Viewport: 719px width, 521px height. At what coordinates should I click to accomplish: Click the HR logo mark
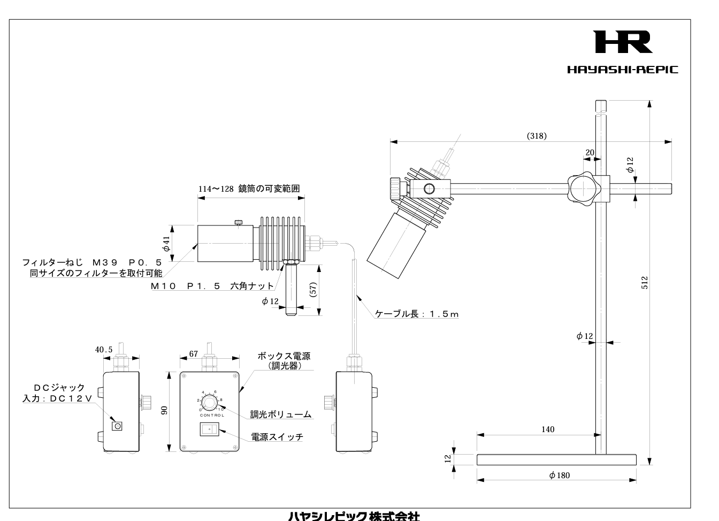(x=623, y=42)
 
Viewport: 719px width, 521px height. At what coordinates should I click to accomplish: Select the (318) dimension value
(x=537, y=136)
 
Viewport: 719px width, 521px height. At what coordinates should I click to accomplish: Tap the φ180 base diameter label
(x=560, y=475)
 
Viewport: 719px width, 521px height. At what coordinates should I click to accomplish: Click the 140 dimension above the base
(x=548, y=429)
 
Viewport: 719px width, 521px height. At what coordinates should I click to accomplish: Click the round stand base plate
(x=556, y=459)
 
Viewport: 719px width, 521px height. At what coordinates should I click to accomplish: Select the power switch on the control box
(x=209, y=429)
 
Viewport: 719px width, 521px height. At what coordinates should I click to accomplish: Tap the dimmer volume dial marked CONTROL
(x=210, y=402)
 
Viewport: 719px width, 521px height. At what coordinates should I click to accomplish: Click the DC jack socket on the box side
(x=117, y=426)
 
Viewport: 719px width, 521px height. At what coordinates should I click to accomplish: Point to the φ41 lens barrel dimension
(x=166, y=244)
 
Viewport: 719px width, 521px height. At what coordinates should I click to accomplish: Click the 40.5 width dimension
(x=104, y=350)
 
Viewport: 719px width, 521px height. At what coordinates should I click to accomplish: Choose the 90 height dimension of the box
(x=165, y=410)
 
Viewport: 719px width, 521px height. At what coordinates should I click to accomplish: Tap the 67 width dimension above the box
(x=194, y=354)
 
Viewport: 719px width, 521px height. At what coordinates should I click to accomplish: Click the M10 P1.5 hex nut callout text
(x=212, y=286)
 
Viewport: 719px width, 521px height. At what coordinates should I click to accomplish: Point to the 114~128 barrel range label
(x=248, y=188)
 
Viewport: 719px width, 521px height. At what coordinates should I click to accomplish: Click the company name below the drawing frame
(x=354, y=516)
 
